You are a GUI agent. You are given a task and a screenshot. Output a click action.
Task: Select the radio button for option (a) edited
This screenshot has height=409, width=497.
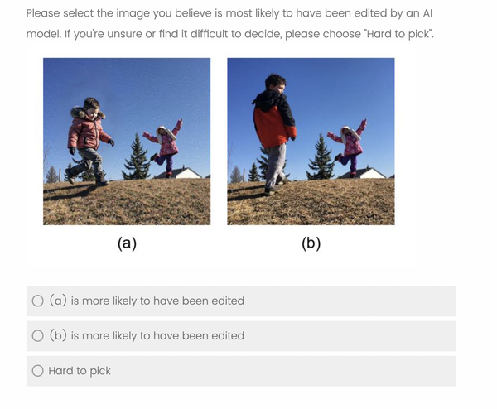pyautogui.click(x=38, y=301)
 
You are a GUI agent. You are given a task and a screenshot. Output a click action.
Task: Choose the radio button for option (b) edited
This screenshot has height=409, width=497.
pyautogui.click(x=38, y=335)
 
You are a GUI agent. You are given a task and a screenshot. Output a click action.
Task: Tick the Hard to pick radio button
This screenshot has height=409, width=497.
pyautogui.click(x=38, y=370)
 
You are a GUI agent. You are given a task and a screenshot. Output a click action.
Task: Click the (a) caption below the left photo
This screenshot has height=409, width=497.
pyautogui.click(x=127, y=243)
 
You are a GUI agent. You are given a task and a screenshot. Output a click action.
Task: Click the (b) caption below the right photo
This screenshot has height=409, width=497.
pyautogui.click(x=311, y=243)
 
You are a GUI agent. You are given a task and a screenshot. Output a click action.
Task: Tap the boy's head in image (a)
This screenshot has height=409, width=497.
pyautogui.click(x=91, y=106)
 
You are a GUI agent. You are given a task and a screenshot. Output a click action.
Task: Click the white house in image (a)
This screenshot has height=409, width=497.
pyautogui.click(x=181, y=173)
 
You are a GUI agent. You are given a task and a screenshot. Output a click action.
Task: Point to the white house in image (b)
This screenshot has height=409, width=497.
pyautogui.click(x=365, y=173)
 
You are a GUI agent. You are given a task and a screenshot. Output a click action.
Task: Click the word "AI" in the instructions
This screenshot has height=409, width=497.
pyautogui.click(x=427, y=13)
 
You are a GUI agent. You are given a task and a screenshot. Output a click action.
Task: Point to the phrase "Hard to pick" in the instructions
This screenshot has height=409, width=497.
pyautogui.click(x=398, y=34)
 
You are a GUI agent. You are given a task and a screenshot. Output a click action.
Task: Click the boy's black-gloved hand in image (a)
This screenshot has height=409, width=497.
pyautogui.click(x=111, y=142)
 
